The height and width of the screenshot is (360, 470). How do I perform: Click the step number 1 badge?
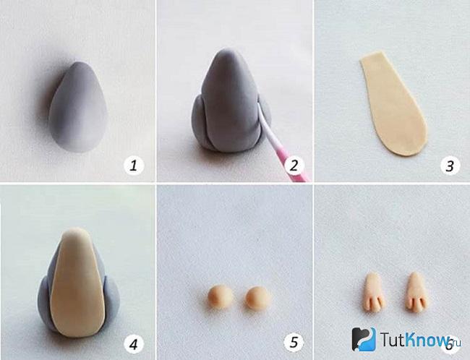(x=134, y=166)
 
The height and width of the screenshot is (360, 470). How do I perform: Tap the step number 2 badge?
(x=294, y=166)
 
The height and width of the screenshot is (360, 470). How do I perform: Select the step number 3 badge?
(x=450, y=166)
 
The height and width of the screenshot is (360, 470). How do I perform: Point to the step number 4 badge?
(x=134, y=344)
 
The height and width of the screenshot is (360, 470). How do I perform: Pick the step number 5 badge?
(x=294, y=342)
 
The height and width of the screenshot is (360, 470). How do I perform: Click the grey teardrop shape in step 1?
(x=79, y=107)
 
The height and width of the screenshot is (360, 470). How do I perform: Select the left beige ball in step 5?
(x=221, y=296)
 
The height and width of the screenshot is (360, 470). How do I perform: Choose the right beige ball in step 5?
(x=258, y=298)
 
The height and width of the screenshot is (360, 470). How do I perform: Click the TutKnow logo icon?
(x=364, y=339)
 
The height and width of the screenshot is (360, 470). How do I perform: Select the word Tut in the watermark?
(x=392, y=340)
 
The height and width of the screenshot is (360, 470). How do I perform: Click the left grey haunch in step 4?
(x=45, y=303)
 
